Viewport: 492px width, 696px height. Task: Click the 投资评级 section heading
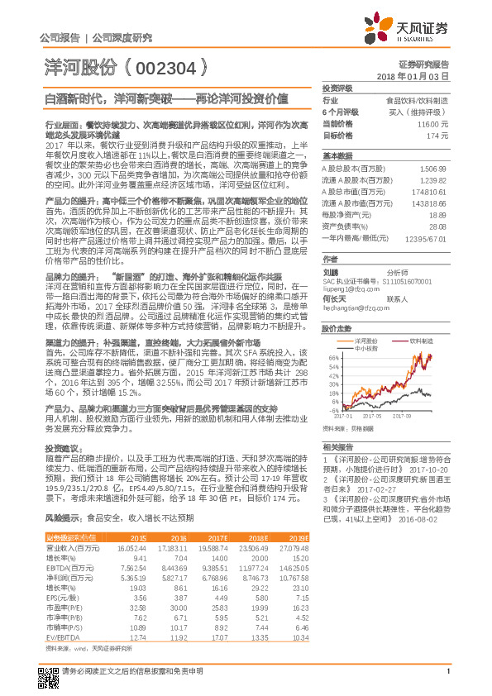point(337,88)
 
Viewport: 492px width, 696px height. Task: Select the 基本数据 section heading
point(337,155)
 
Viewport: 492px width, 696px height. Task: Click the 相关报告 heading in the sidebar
point(337,446)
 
